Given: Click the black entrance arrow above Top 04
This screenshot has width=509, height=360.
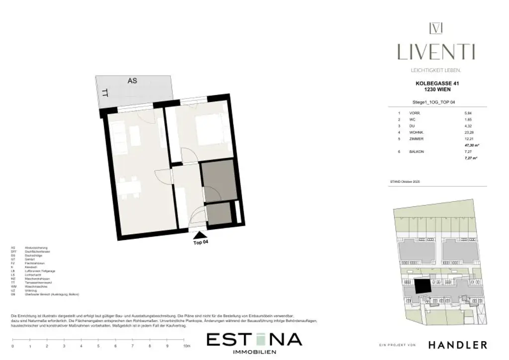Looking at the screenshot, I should coord(199,235).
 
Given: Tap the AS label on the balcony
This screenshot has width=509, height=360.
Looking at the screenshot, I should coord(132,81).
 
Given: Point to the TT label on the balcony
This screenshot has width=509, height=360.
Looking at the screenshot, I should coord(105,92).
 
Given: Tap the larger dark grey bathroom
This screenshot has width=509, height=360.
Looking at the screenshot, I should coord(218,181).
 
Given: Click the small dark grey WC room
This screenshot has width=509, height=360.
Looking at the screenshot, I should coord(219,213).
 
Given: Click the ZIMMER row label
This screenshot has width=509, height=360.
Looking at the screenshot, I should coord(417,139).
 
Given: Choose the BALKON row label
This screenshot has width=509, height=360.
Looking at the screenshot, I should coord(417,151).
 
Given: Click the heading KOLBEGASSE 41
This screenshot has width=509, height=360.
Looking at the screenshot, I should coord(437,85).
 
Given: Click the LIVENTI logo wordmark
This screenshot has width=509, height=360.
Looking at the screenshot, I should coord(436,52).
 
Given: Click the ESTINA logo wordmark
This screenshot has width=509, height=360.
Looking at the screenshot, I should coord(254,340).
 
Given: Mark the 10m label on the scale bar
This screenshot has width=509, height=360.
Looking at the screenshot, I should coord(186,346).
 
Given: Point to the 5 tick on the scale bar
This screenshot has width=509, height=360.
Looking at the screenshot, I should coord(98,346).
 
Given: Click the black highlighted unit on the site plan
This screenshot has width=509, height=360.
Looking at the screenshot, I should coord(423,286).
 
